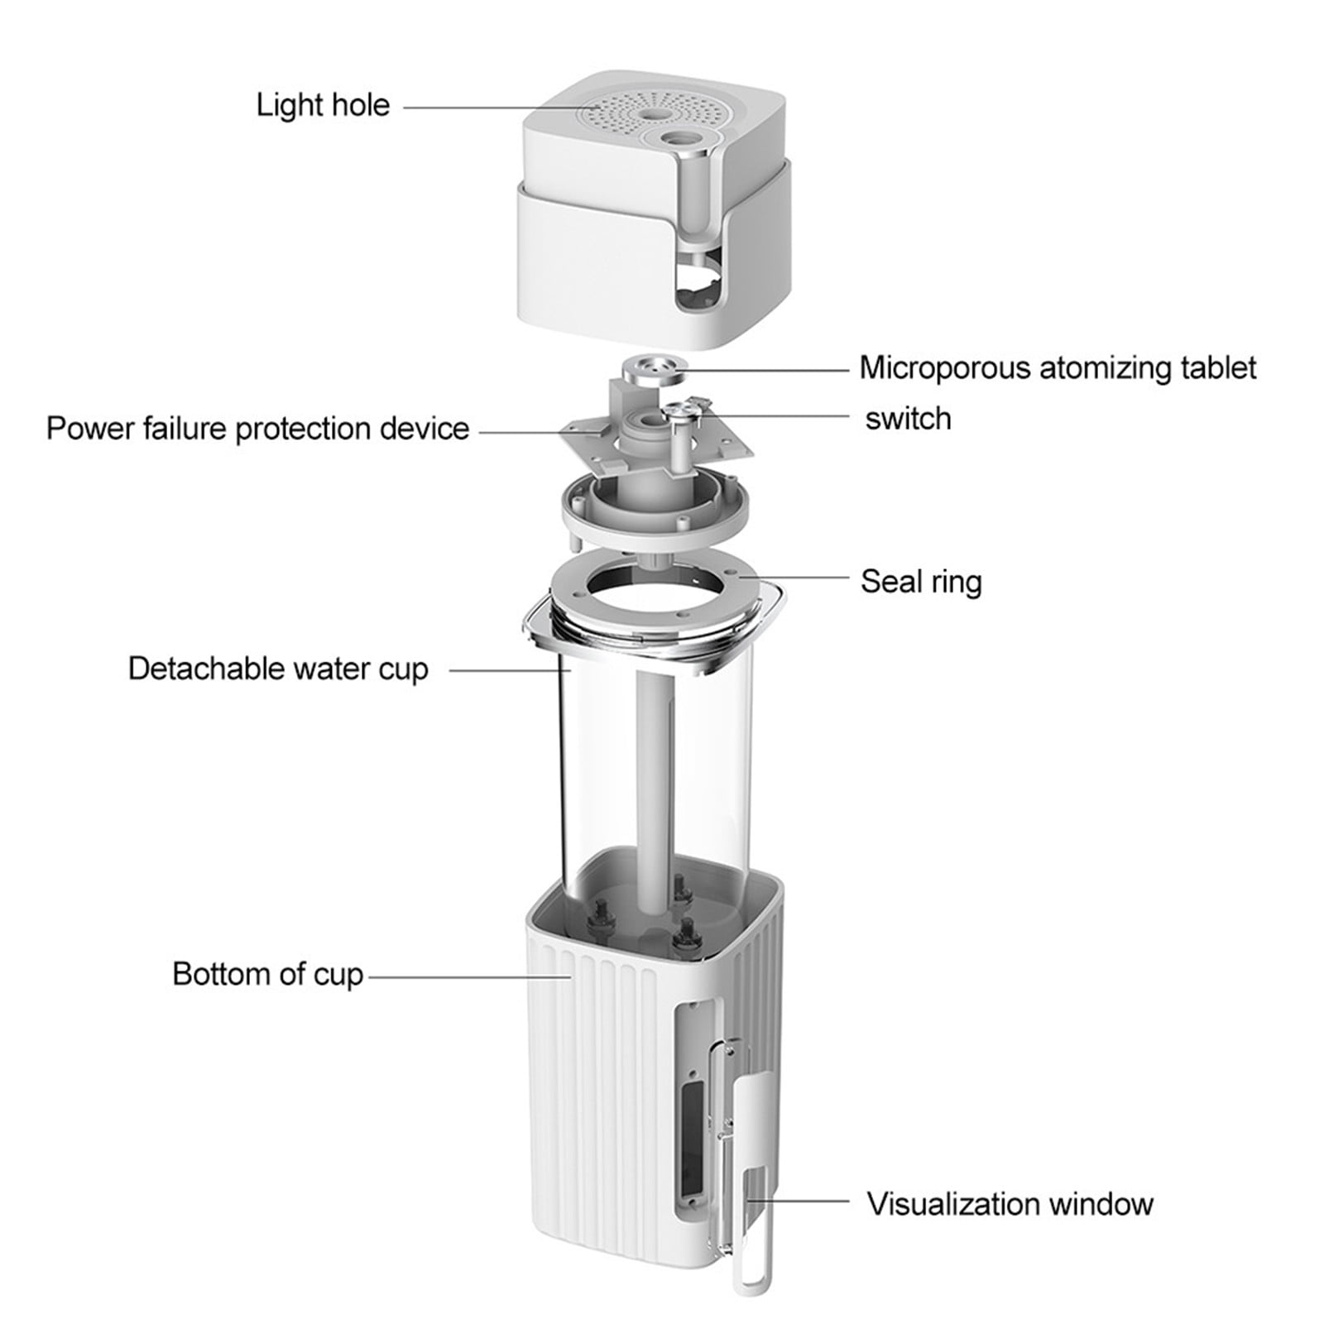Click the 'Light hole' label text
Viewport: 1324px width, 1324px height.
[x=323, y=105]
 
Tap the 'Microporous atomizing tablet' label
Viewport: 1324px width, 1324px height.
[x=1058, y=367]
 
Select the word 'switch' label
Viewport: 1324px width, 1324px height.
[x=908, y=418]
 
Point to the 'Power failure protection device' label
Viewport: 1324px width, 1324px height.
[x=257, y=429]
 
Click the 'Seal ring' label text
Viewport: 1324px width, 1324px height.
[x=921, y=581]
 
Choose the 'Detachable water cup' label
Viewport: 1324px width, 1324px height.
[x=278, y=669]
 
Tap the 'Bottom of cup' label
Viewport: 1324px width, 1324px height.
[x=268, y=974]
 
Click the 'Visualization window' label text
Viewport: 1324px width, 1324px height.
[x=1010, y=1203]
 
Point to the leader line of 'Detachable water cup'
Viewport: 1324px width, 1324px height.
[x=507, y=669]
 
